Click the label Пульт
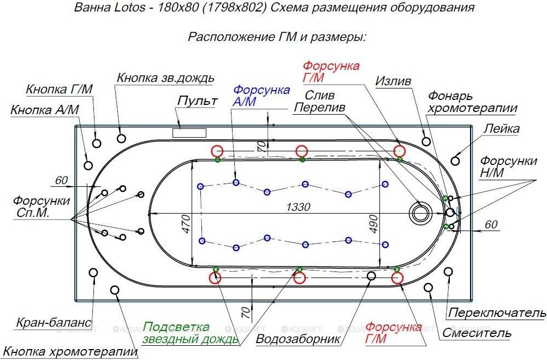point(198,101)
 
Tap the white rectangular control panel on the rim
point(189,133)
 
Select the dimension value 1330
point(298,207)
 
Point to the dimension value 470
point(186,224)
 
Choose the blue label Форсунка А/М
point(261,95)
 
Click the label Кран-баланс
point(53,322)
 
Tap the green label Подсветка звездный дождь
point(191,333)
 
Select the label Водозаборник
point(298,339)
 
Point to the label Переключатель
point(497,312)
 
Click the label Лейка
point(501,128)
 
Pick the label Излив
point(393,81)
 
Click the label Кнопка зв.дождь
point(165,78)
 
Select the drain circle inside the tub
point(420,213)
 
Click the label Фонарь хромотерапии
point(472,102)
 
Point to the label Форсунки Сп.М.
point(41,206)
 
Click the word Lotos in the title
point(129,7)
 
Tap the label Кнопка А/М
point(45,110)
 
